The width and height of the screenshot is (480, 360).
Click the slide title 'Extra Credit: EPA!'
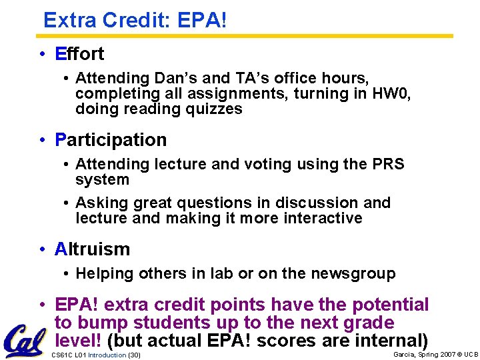(135, 20)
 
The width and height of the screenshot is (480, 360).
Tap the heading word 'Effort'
(79, 53)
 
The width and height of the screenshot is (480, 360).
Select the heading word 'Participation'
(111, 140)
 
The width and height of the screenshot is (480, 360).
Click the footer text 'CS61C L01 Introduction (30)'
(96, 355)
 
